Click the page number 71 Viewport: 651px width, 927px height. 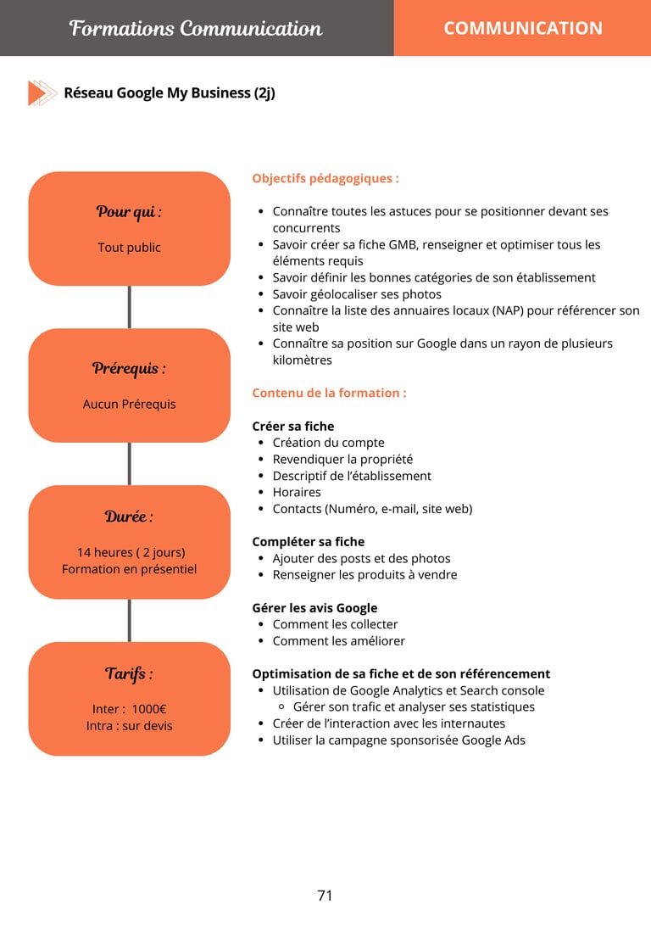click(325, 896)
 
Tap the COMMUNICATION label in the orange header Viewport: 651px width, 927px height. click(523, 28)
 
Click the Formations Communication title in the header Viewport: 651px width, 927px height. click(196, 28)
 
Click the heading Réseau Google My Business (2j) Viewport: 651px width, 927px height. click(170, 92)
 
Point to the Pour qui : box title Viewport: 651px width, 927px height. click(129, 211)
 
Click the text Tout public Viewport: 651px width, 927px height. click(129, 248)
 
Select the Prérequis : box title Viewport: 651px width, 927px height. click(129, 368)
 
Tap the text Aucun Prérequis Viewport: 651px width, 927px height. click(129, 404)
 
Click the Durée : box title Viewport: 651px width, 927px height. click(129, 516)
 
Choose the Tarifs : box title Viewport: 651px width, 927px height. click(129, 673)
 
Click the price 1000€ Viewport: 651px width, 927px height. click(148, 709)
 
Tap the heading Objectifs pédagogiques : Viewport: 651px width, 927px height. click(325, 179)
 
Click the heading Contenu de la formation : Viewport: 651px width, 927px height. click(329, 393)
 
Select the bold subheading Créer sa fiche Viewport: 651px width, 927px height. click(293, 426)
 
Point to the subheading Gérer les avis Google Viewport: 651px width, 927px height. click(314, 607)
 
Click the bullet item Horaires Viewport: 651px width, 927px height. click(297, 492)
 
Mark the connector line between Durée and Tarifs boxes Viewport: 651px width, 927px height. click(129, 620)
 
